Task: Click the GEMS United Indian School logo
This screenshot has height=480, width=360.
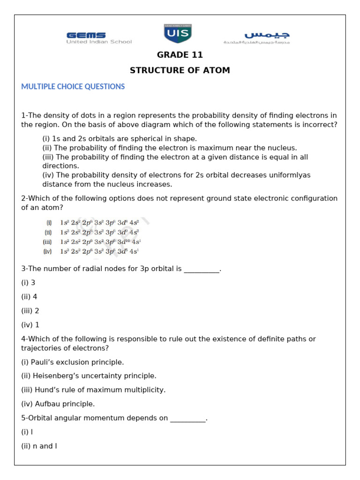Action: click(x=99, y=37)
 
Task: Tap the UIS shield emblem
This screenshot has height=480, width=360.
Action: click(x=177, y=34)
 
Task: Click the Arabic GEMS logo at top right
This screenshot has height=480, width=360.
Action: click(x=257, y=37)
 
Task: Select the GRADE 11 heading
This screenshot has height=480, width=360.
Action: click(x=180, y=55)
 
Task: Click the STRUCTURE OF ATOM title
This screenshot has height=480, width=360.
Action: click(x=180, y=70)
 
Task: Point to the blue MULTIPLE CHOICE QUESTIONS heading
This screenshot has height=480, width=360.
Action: click(x=73, y=87)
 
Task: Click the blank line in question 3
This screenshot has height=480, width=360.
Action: click(x=201, y=270)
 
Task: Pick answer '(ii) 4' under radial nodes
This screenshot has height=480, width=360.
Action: click(x=29, y=297)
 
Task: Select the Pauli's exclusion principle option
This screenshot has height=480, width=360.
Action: click(x=73, y=362)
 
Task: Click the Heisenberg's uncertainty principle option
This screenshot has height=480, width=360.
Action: click(x=89, y=376)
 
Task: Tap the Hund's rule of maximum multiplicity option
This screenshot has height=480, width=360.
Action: click(x=93, y=390)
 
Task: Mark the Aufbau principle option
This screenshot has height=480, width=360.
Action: click(x=58, y=404)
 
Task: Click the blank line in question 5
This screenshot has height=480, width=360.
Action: click(x=187, y=419)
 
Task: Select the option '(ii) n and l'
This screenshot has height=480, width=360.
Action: click(x=39, y=446)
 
